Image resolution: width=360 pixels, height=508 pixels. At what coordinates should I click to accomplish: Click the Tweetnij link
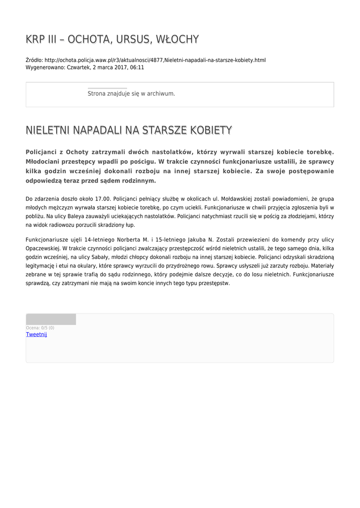[36, 334]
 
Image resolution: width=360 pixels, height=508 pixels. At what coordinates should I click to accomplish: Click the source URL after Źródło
[155, 60]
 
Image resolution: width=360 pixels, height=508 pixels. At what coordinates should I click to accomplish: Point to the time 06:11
[137, 67]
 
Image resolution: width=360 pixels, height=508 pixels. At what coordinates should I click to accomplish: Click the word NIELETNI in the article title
[48, 130]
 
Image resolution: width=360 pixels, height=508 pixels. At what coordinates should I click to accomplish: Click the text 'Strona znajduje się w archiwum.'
[131, 93]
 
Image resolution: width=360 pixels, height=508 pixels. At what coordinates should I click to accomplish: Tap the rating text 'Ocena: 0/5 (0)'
[40, 328]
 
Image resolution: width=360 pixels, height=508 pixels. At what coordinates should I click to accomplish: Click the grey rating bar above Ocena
[51, 319]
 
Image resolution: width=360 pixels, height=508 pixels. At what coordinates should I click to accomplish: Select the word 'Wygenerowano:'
[45, 67]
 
